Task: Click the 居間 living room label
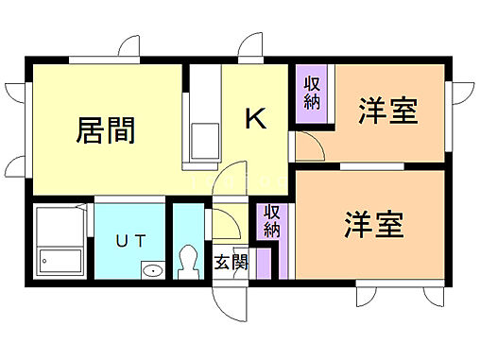click(105, 130)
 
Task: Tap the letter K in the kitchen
click(255, 119)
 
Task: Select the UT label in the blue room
click(130, 241)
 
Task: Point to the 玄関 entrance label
click(231, 261)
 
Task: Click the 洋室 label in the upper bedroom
click(387, 111)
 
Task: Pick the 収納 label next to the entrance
click(271, 220)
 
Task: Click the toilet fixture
click(187, 259)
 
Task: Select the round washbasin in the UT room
click(152, 271)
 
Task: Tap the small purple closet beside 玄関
click(265, 261)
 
